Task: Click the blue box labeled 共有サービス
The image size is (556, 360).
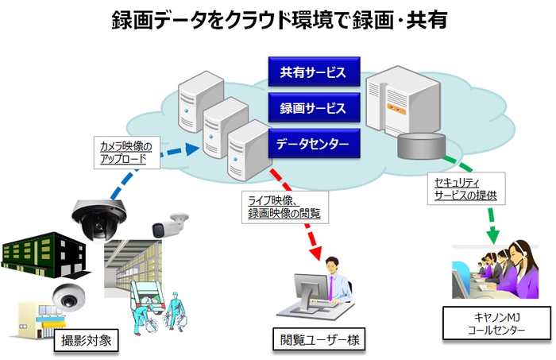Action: point(312,72)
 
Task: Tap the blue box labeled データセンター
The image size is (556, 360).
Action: point(312,144)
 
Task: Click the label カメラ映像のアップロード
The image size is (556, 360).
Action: point(129,152)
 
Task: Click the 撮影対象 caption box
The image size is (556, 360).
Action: point(90,343)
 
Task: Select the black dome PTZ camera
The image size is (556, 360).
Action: point(98,218)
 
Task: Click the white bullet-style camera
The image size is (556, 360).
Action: point(170,224)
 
